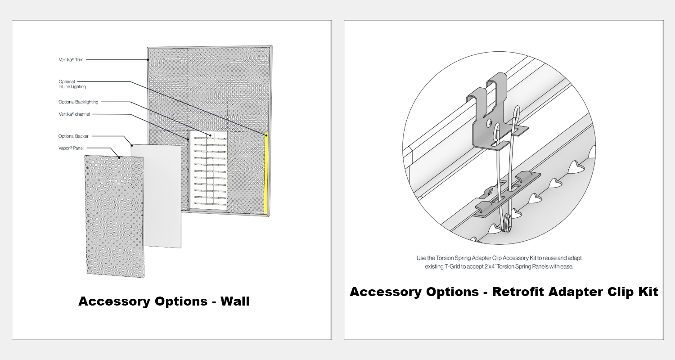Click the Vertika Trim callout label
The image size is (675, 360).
pos(71,60)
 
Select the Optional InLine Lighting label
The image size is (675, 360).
pos(72,84)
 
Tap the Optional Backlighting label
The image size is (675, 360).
pos(78,102)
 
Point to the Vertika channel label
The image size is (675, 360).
pos(74,114)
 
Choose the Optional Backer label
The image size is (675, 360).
pos(73,136)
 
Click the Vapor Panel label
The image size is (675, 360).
pos(71,148)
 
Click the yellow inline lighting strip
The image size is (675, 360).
pos(266,173)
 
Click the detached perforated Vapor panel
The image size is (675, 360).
pos(114,216)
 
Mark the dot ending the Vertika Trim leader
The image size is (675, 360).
pos(148,60)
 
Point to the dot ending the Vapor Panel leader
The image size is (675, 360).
pos(119,157)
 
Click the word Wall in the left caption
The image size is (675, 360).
pos(235,301)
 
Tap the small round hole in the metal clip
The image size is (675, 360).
pos(489,122)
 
